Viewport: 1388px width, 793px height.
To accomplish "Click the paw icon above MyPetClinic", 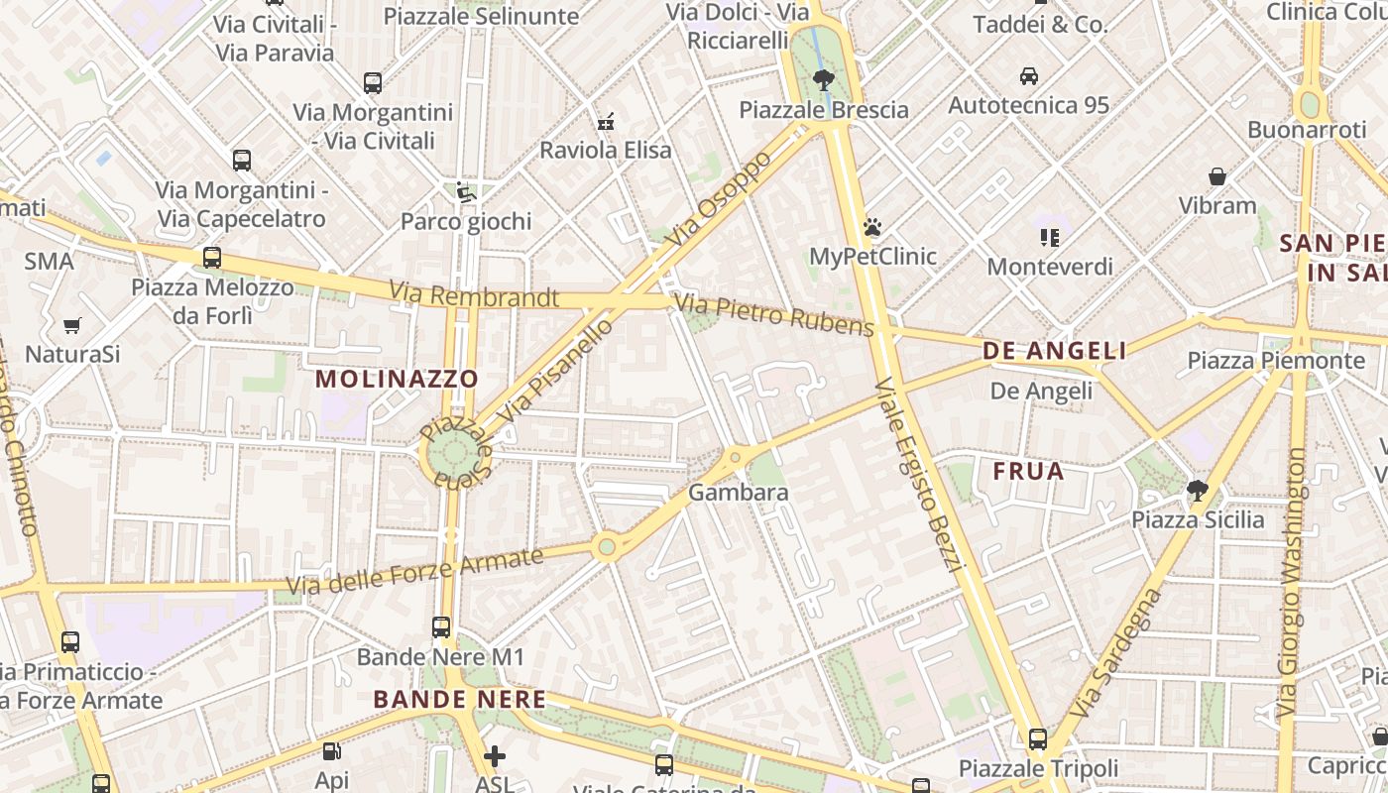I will [872, 228].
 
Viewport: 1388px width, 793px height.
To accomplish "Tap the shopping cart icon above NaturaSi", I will [71, 325].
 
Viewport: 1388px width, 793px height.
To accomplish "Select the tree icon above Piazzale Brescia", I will [822, 80].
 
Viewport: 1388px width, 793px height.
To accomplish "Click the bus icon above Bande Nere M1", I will [441, 627].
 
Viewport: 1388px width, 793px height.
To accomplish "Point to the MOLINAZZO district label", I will [397, 379].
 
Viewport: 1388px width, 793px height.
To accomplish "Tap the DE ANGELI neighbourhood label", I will [1055, 351].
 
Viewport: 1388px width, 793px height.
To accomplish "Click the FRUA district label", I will [1028, 471].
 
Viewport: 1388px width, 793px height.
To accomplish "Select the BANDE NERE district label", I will [460, 700].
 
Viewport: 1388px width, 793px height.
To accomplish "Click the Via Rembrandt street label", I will [474, 295].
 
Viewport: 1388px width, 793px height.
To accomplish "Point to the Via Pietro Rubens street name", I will [774, 313].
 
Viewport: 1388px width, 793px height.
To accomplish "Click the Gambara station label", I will [739, 493].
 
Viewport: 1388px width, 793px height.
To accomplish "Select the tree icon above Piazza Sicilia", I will [1198, 490].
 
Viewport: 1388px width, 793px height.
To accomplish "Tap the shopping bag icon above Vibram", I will [1217, 176].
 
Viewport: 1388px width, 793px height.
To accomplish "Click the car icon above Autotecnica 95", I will [1028, 75].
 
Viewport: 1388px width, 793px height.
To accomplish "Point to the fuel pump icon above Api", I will [332, 752].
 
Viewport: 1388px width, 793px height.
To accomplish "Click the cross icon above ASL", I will [494, 757].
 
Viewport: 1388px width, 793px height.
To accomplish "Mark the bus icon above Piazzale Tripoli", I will [1037, 739].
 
